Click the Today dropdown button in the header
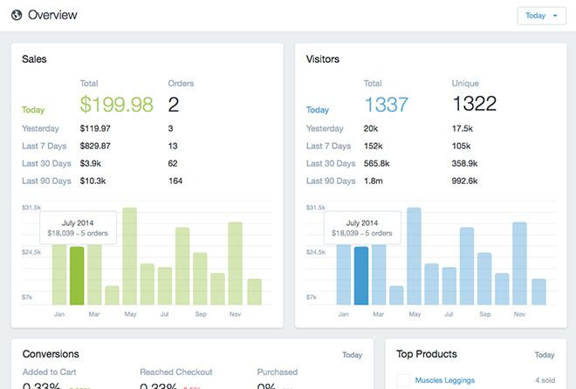click(x=541, y=16)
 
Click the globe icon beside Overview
click(x=16, y=16)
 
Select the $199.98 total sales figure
click(x=116, y=105)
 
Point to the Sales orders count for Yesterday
click(x=170, y=128)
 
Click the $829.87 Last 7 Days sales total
click(x=95, y=146)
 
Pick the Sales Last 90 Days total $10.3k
click(x=93, y=181)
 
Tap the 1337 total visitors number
click(x=387, y=105)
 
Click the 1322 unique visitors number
click(x=473, y=105)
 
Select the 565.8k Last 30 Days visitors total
click(x=378, y=163)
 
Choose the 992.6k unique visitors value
click(x=466, y=181)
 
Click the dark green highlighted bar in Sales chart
click(x=77, y=276)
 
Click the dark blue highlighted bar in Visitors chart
click(x=361, y=276)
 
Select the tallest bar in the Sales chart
click(x=130, y=256)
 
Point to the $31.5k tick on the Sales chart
click(x=31, y=208)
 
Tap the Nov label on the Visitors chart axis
click(x=519, y=313)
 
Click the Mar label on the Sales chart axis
click(x=95, y=313)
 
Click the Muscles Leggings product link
click(x=446, y=380)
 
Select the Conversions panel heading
click(x=51, y=354)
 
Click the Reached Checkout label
click(x=175, y=372)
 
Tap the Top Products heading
click(x=427, y=354)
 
